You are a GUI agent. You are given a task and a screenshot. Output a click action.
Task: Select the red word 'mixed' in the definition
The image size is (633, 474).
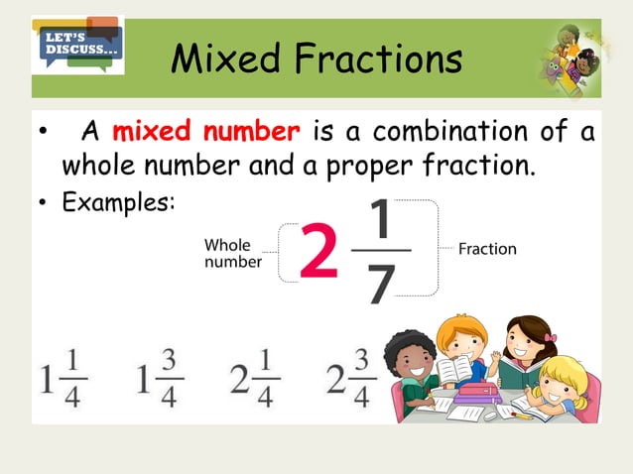152,132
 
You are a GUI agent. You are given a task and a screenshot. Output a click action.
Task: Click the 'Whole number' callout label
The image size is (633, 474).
233,253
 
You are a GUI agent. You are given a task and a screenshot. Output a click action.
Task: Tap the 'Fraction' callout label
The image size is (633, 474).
487,249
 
